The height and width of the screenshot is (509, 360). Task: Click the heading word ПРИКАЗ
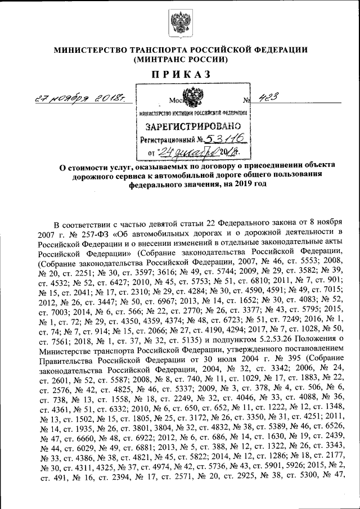point(180,74)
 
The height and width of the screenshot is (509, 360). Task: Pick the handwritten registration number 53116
point(226,138)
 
